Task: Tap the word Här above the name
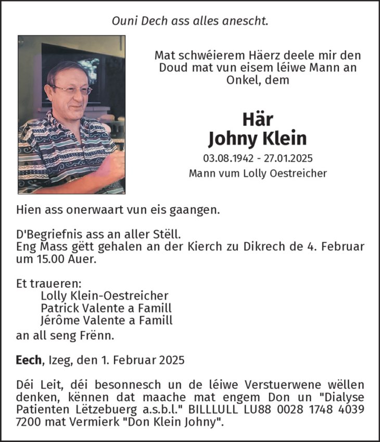point(257,119)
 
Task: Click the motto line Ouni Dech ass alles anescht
point(190,21)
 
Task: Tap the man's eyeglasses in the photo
point(71,90)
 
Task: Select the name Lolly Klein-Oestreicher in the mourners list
point(105,295)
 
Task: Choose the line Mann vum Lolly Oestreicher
point(258,173)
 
